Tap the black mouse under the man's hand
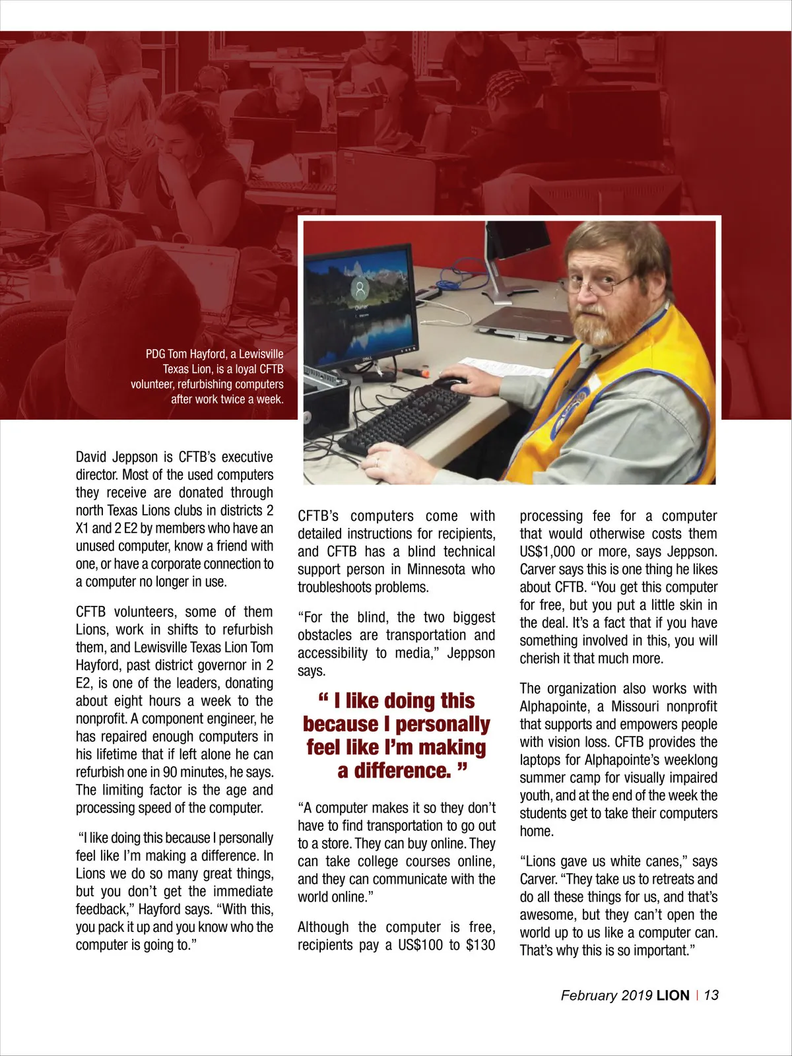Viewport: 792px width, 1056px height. [x=450, y=382]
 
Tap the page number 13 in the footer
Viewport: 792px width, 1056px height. [x=711, y=995]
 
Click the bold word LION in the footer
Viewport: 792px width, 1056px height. [x=673, y=995]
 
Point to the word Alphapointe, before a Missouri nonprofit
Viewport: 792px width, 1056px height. [x=552, y=707]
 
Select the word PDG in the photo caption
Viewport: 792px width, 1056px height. [x=155, y=354]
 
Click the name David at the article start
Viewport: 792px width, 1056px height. [x=90, y=457]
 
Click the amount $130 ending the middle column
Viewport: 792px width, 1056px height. [x=480, y=945]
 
